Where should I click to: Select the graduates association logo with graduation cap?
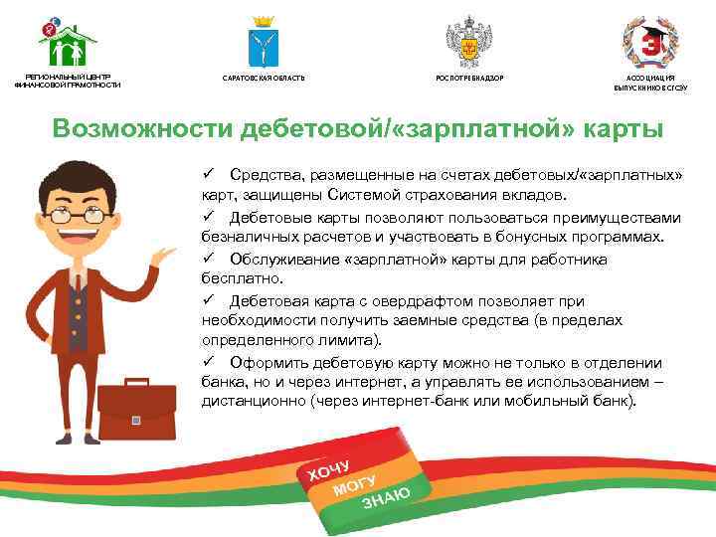pos(650,42)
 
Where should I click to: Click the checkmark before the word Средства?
pos(209,175)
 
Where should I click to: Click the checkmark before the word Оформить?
pos(209,362)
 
